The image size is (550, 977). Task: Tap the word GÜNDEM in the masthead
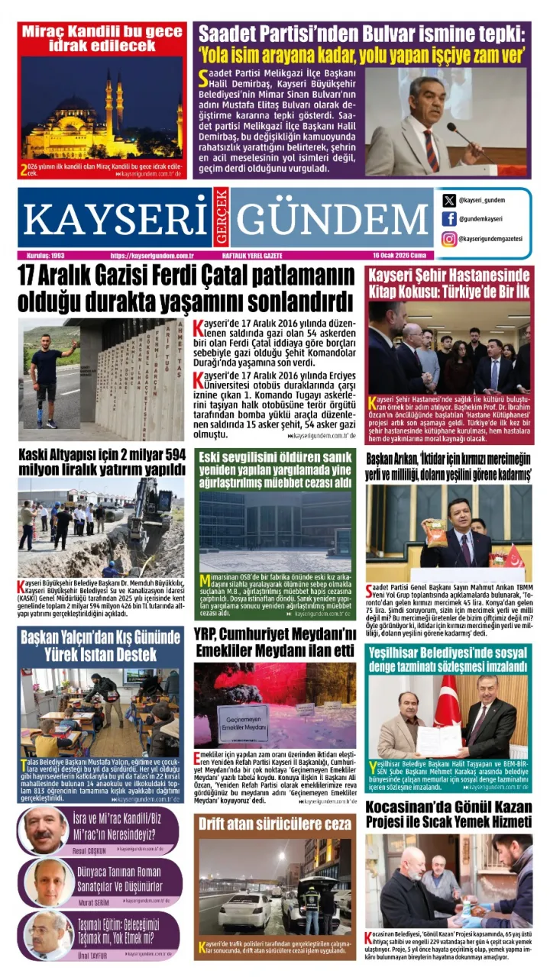(329, 218)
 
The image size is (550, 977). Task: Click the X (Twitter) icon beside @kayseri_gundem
(448, 200)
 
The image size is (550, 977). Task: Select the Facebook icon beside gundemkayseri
(448, 219)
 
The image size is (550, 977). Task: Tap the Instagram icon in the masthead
(448, 238)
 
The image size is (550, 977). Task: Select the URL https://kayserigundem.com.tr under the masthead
(152, 256)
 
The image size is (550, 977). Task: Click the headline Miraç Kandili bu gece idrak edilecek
(102, 38)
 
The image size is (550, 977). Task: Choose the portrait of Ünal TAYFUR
(45, 934)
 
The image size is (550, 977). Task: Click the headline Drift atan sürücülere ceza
(274, 824)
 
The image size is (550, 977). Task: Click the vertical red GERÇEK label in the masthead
(221, 218)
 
